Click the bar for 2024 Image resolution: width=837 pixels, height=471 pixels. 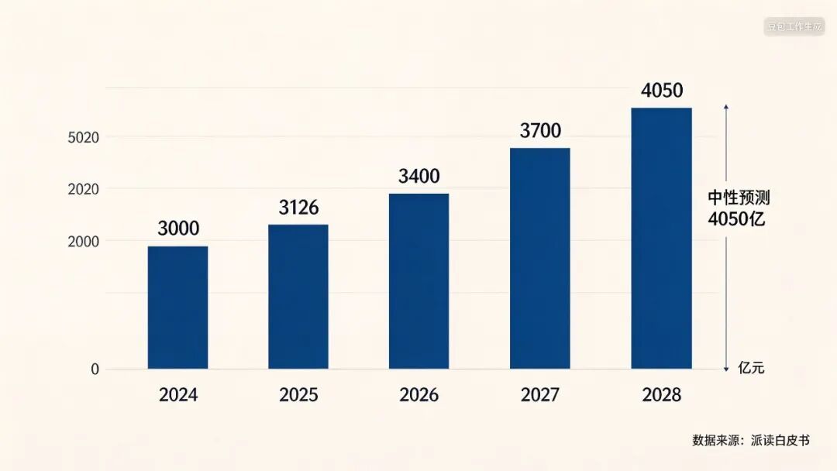point(177,308)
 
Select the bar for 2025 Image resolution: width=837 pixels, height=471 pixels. point(298,297)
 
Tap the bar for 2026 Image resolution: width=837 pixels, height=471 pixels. point(419,281)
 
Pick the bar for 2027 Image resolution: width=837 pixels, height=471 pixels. point(540,258)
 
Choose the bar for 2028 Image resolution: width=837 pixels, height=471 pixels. point(661,239)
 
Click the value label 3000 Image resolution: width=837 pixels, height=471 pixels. point(178,229)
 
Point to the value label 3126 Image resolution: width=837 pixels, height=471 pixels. point(298,208)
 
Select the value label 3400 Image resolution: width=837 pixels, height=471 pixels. point(419,176)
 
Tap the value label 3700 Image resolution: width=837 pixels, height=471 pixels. point(540,131)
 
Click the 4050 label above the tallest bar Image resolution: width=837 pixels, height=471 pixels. point(662,91)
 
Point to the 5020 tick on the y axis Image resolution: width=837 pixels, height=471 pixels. point(83,138)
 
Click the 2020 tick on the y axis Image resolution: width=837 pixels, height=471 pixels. point(83,189)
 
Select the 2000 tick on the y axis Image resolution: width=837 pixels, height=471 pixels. point(83,242)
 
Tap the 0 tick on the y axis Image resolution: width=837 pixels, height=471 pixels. point(95,369)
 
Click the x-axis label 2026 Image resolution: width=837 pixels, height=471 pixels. point(419,395)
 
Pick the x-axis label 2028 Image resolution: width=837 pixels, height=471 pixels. point(661,395)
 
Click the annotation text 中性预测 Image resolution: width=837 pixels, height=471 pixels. point(739,198)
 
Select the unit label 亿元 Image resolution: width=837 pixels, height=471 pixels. point(751,367)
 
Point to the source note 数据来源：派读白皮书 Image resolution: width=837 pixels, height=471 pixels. point(751,440)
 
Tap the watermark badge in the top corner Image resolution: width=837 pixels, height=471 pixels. point(794,26)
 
